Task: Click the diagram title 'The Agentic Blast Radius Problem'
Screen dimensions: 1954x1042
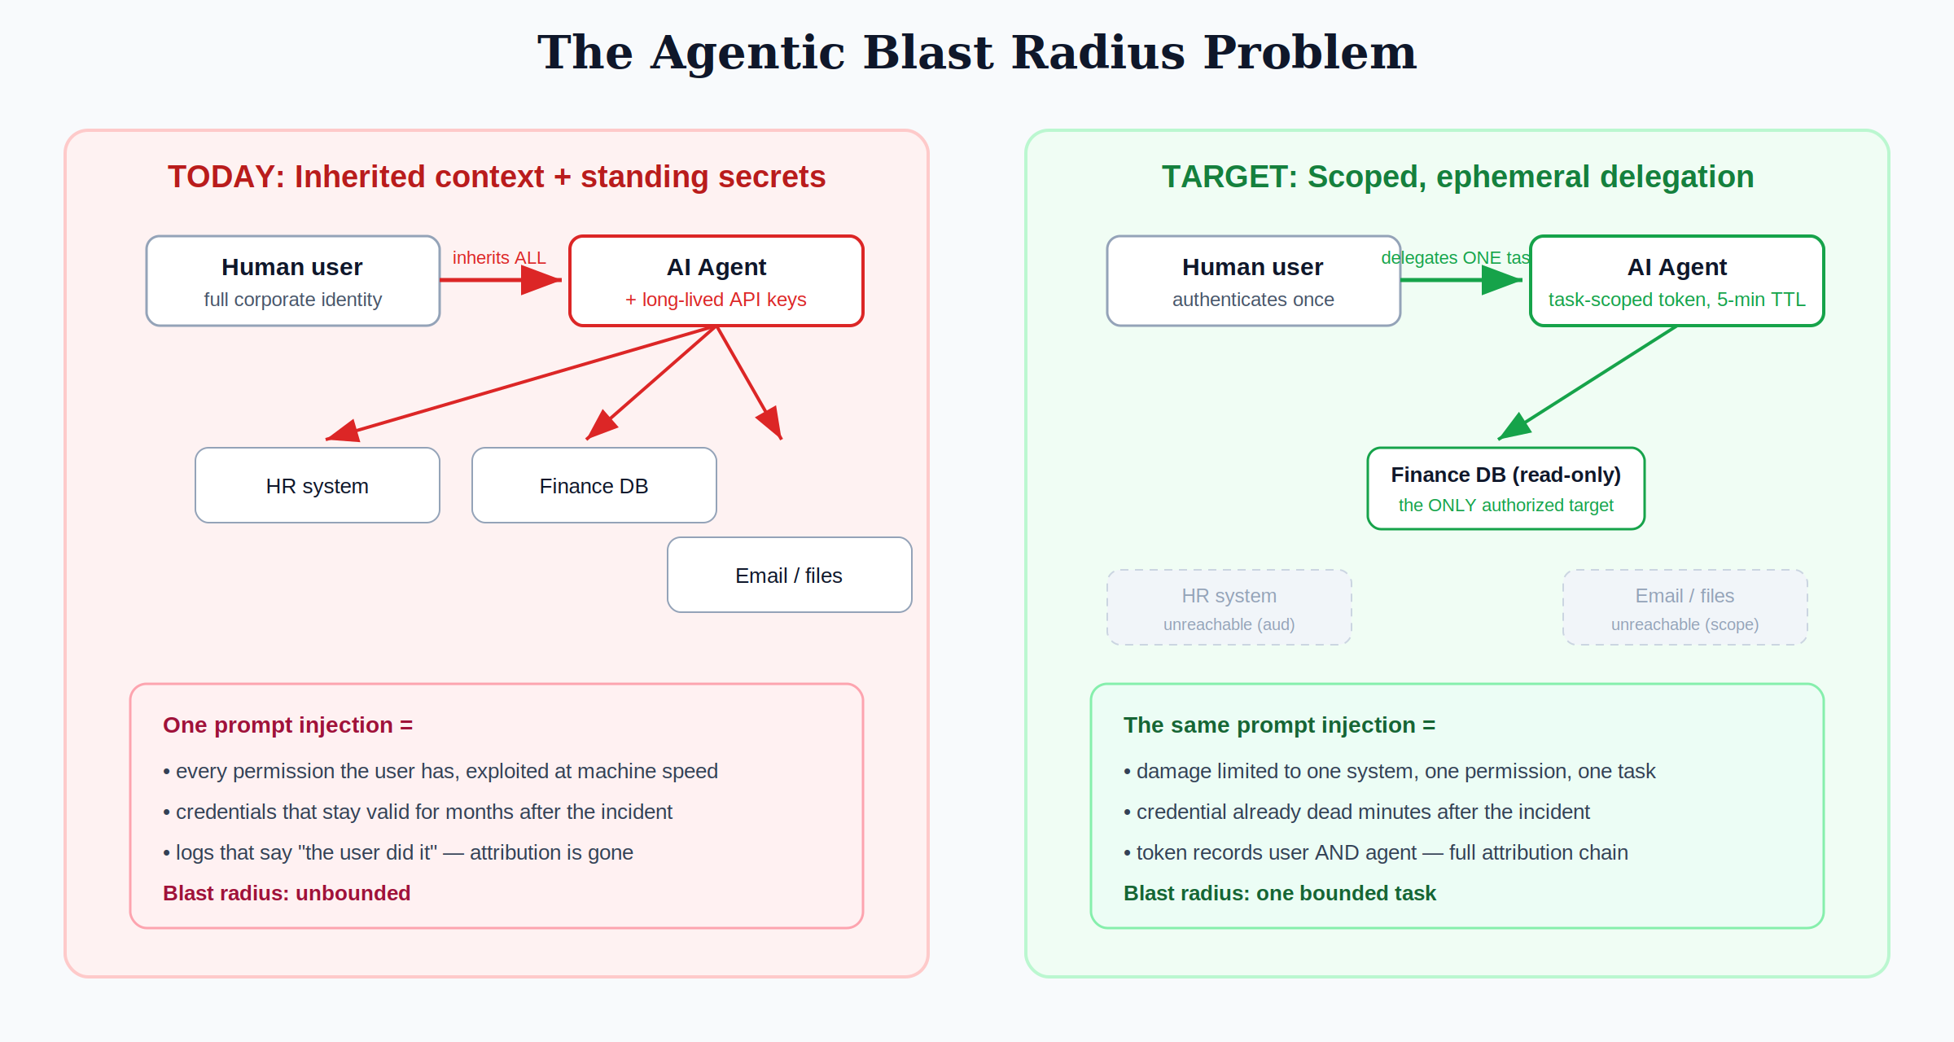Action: coord(977,53)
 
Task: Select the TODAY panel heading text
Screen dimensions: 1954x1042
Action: coord(497,177)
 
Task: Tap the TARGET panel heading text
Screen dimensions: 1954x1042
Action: coord(1457,177)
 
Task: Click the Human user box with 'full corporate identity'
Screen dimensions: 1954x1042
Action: coord(293,281)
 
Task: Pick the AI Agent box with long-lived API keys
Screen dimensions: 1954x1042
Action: coord(716,281)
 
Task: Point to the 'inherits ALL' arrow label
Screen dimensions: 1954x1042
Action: coord(499,258)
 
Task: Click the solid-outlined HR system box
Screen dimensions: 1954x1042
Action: coord(318,485)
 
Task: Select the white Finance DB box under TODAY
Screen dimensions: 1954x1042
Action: coord(594,485)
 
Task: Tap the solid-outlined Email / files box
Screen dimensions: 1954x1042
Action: coord(790,575)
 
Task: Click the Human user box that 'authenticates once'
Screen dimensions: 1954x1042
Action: coord(1254,281)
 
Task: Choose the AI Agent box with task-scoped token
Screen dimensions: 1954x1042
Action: coord(1677,281)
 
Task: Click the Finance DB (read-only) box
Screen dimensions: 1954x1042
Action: coord(1506,488)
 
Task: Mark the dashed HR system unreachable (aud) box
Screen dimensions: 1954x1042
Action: coord(1229,607)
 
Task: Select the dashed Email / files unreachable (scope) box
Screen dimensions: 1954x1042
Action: coord(1685,607)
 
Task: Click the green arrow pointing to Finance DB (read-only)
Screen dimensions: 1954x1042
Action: coord(1588,383)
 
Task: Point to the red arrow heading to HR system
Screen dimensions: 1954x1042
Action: coord(521,383)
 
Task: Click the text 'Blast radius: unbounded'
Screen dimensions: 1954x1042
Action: coord(287,893)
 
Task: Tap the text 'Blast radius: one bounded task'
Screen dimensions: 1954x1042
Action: coord(1280,893)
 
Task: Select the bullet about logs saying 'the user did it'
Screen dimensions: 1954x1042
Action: coord(398,852)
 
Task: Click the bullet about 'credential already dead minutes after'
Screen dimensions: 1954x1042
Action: coord(1356,812)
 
